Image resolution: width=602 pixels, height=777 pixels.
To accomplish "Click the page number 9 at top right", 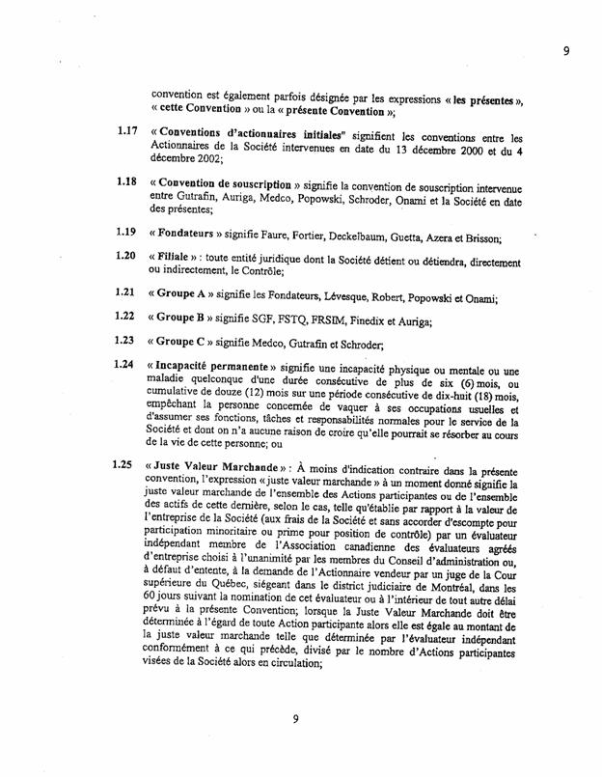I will [x=566, y=51].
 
